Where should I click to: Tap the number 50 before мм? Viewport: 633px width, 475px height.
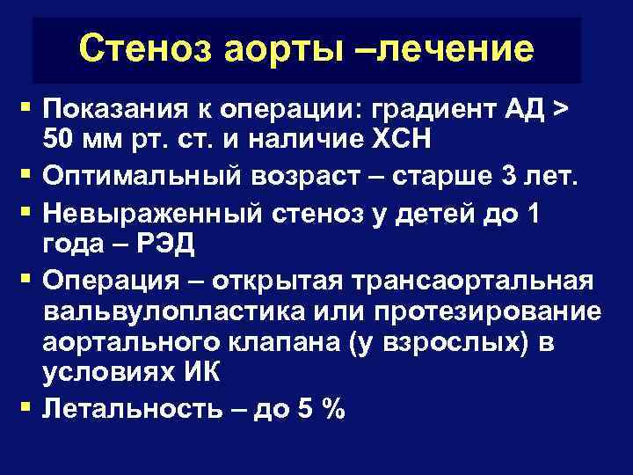click(x=58, y=140)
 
